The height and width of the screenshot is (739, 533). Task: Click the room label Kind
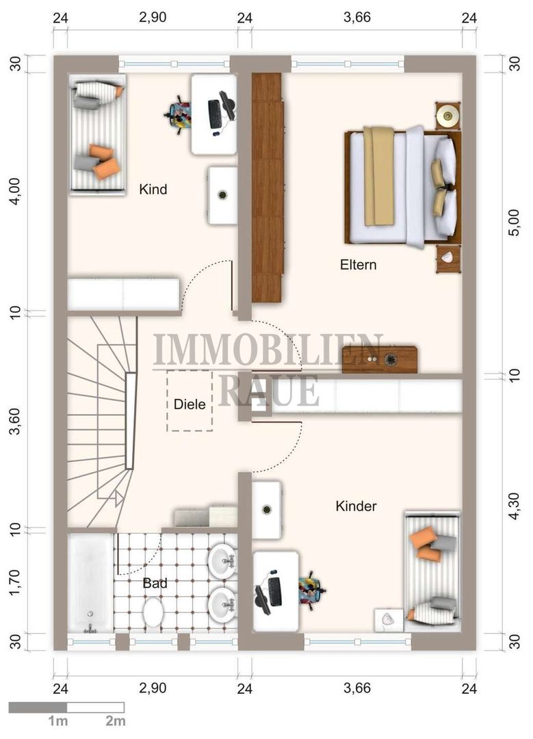click(x=153, y=190)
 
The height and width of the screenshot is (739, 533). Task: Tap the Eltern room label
click(x=358, y=265)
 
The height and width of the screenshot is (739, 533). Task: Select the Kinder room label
click(x=356, y=506)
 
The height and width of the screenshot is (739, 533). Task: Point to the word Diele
click(x=190, y=404)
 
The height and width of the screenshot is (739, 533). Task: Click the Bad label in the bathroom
click(x=155, y=584)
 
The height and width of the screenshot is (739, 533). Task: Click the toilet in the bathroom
click(x=153, y=612)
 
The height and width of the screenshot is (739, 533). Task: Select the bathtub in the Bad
click(x=90, y=583)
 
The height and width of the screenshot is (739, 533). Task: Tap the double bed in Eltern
click(x=403, y=187)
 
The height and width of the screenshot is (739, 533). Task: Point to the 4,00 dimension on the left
click(x=16, y=191)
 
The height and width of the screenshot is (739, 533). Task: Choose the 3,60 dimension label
click(x=16, y=421)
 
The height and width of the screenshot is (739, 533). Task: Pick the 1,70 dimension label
click(x=16, y=582)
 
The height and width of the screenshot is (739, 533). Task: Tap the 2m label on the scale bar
click(x=116, y=721)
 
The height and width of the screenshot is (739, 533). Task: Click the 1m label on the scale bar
click(x=58, y=721)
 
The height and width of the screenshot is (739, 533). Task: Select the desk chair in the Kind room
click(x=178, y=114)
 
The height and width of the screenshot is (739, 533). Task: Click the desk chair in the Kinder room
click(x=312, y=590)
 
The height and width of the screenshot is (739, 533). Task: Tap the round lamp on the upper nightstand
click(x=447, y=115)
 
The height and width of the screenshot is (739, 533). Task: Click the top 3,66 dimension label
click(x=357, y=17)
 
